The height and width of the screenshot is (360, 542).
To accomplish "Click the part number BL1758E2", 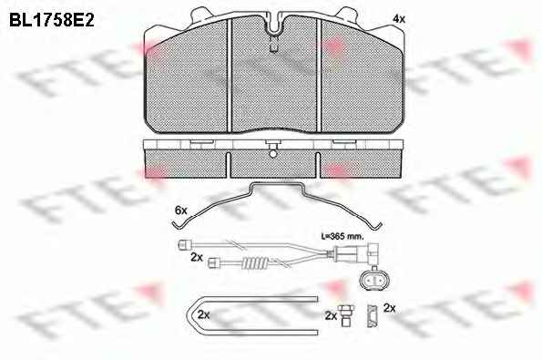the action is tap(52, 21).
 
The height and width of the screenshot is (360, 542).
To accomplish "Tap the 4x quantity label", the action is tap(399, 19).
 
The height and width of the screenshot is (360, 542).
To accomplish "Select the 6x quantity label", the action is tap(180, 210).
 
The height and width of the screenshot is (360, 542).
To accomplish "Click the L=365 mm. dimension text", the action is tap(343, 237).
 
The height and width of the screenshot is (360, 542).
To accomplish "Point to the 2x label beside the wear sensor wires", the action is tap(197, 257).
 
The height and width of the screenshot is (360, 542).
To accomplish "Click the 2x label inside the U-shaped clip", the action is tap(204, 314).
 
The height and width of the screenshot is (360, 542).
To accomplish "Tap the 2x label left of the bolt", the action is tap(331, 315).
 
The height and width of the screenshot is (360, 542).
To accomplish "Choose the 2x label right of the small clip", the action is tap(390, 308).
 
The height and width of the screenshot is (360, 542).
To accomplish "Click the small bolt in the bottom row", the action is tap(345, 315).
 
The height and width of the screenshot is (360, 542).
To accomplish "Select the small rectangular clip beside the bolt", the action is tap(373, 315).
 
